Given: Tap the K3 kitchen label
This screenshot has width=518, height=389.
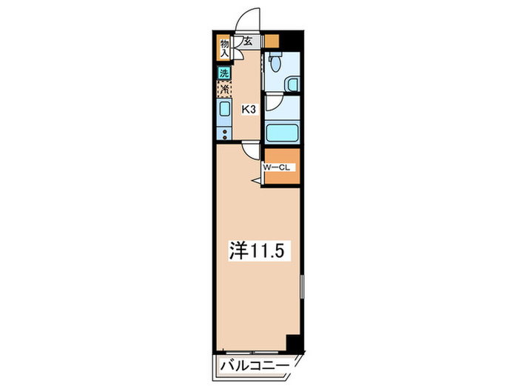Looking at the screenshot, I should [x=249, y=110].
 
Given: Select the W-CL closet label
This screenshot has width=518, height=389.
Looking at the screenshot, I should [x=279, y=167].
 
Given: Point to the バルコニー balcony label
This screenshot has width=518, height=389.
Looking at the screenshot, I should [x=255, y=365].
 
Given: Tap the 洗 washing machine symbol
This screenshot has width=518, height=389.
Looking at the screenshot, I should [x=223, y=73].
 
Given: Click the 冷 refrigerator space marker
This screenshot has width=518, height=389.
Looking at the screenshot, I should [x=223, y=89].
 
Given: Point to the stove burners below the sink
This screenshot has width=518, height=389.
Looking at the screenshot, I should [x=223, y=133].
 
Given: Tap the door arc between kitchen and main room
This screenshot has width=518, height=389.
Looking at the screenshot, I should [x=252, y=150].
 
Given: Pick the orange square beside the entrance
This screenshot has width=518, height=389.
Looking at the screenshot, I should [x=272, y=41].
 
